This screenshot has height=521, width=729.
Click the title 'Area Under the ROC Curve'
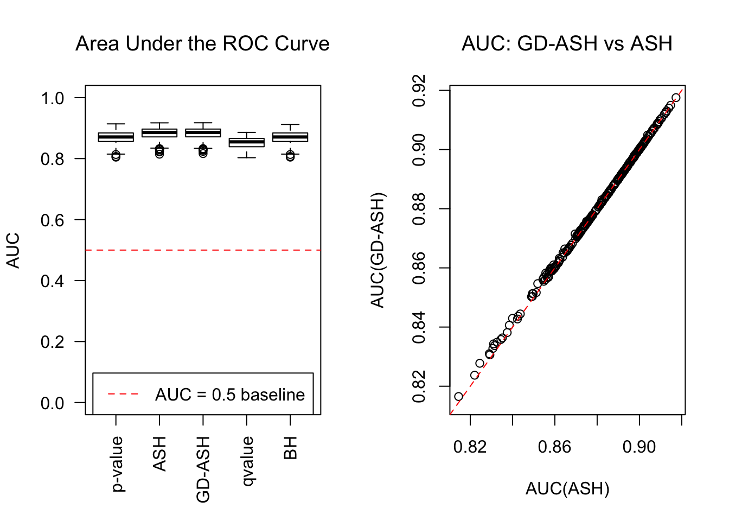click(202, 44)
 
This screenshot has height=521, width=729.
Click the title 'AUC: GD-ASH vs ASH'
click(567, 44)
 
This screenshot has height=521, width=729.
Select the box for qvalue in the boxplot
click(247, 142)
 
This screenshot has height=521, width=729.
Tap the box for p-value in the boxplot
click(116, 137)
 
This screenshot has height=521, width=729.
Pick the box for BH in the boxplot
click(290, 137)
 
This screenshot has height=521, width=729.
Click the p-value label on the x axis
click(117, 464)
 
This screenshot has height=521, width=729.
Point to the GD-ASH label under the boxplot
click(203, 469)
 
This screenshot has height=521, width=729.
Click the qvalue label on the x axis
click(247, 461)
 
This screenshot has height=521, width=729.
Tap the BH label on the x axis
click(291, 448)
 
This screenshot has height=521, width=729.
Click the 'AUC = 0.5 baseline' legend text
click(230, 395)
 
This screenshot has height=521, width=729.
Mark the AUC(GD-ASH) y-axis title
click(378, 250)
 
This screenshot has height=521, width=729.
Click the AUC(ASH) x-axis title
click(567, 489)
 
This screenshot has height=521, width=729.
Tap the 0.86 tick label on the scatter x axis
click(554, 447)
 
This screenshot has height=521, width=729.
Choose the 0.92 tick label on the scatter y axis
click(419, 91)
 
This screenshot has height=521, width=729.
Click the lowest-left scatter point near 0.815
click(458, 397)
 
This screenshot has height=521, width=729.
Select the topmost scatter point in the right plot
click(676, 98)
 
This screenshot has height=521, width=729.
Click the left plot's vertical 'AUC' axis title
click(13, 250)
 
